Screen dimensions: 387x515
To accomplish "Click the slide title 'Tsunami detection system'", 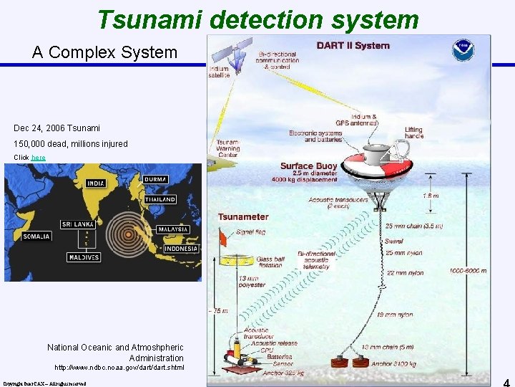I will point(257,20).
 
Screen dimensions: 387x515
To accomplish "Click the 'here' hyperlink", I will point(39,157).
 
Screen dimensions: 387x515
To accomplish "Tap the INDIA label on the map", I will point(95,183).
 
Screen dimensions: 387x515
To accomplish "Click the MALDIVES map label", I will point(84,257).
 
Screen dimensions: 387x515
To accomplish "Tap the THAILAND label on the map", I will point(160,199).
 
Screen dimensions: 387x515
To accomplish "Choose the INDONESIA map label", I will point(182,249).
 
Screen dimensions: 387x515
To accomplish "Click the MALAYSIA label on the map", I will point(173,229).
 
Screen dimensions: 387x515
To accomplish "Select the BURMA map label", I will point(156,178).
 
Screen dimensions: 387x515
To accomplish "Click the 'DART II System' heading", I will point(353,46).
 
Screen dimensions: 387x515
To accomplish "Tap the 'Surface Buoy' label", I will point(308,166).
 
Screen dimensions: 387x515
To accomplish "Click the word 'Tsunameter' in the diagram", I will point(243,216).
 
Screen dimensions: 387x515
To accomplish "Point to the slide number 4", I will point(506,382).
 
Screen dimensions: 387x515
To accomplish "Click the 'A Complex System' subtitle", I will point(104,52).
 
